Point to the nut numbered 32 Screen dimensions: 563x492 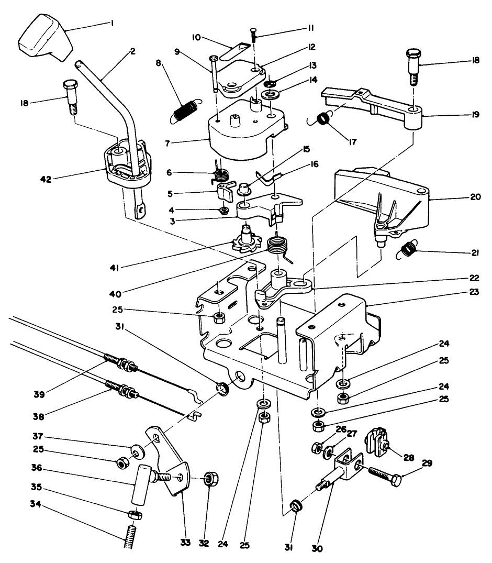[x=211, y=479]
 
